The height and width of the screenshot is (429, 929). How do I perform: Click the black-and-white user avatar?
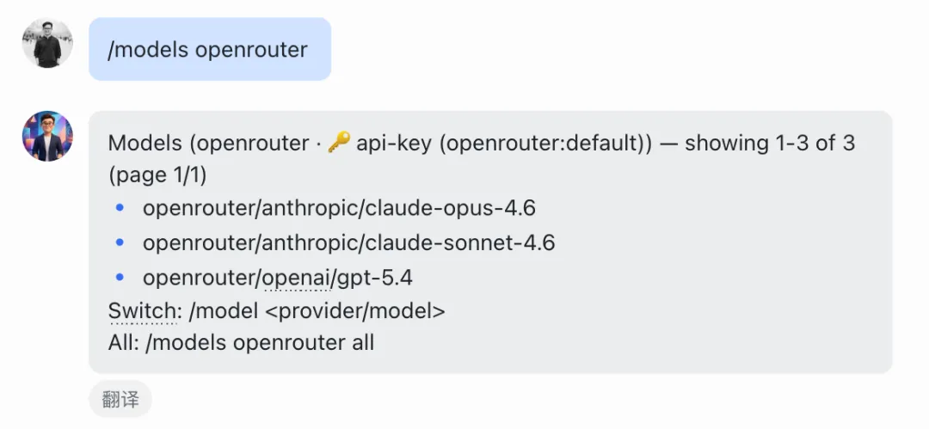(x=47, y=43)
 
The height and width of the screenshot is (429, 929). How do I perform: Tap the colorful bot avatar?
(x=47, y=136)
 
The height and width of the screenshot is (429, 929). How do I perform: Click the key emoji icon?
(x=339, y=143)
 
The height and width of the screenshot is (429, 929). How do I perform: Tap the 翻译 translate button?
(x=120, y=400)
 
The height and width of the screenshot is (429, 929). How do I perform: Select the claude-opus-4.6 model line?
(x=340, y=208)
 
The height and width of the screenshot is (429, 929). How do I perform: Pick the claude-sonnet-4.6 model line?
(x=348, y=243)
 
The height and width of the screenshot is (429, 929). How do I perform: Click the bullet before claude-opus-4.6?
(x=120, y=208)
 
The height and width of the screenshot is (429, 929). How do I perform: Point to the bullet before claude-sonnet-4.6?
(x=120, y=243)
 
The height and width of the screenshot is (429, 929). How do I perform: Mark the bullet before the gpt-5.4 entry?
(x=120, y=278)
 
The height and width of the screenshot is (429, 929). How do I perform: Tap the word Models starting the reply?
(x=138, y=143)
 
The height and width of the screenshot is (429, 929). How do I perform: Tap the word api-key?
(x=392, y=143)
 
